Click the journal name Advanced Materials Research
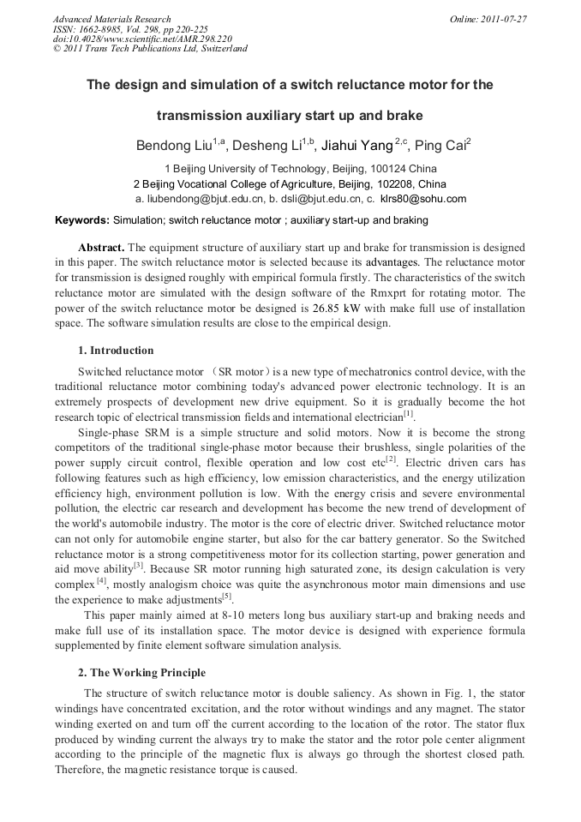click(x=111, y=19)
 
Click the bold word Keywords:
click(x=82, y=220)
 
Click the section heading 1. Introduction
click(x=116, y=351)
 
